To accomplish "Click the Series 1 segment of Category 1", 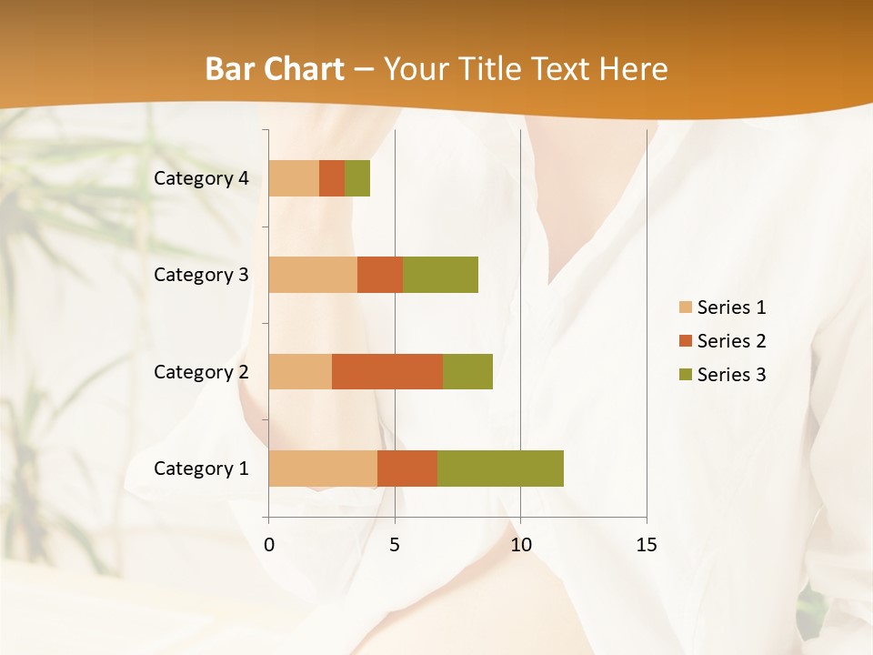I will [323, 469].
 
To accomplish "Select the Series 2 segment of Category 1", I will [407, 469].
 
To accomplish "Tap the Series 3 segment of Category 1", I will [500, 469].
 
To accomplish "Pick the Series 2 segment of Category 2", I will [387, 371].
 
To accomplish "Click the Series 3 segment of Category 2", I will [467, 371].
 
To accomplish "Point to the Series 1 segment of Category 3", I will [313, 275].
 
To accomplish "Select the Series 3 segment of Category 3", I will [440, 275].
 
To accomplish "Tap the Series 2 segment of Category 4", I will [332, 178].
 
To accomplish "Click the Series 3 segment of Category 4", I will [357, 178].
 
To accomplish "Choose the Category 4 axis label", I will [201, 178].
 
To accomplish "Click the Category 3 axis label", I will [201, 275].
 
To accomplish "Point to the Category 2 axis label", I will [201, 371].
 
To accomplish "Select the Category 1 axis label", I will [201, 469].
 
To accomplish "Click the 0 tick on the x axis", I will [269, 545].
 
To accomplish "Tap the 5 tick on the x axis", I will [395, 545].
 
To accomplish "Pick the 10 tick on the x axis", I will [520, 545].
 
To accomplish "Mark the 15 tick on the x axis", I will [646, 545].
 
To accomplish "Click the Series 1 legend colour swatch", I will [685, 307].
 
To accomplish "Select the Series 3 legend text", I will [731, 375].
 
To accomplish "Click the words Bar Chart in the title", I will [275, 69].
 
